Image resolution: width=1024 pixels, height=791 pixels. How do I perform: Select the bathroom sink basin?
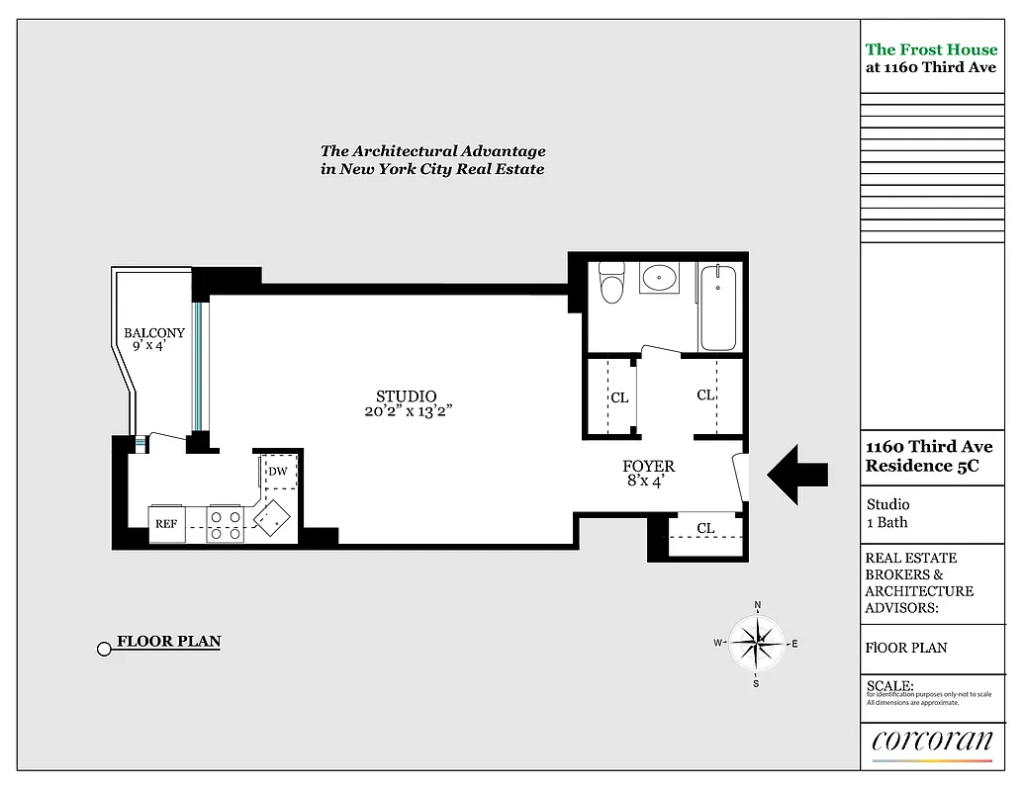658,279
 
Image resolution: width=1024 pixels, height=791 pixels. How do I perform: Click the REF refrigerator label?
165,524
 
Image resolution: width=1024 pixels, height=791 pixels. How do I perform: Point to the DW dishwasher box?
278,472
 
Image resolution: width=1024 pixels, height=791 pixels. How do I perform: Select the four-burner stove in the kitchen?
226,524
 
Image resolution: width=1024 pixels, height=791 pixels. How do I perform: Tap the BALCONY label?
153,333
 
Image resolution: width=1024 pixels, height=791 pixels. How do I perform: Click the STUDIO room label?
406,396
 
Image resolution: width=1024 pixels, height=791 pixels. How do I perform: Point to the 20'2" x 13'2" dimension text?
409,412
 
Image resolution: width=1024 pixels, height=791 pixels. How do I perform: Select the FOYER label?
648,467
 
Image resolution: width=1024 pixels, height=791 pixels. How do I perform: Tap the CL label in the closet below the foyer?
705,529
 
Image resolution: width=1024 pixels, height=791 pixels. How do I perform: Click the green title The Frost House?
930,49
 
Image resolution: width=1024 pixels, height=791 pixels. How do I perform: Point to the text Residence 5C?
922,467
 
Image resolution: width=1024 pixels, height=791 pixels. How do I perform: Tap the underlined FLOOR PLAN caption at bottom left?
168,642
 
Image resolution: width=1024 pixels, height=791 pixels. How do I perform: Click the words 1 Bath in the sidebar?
886,522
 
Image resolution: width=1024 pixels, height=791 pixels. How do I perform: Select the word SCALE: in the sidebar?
889,685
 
